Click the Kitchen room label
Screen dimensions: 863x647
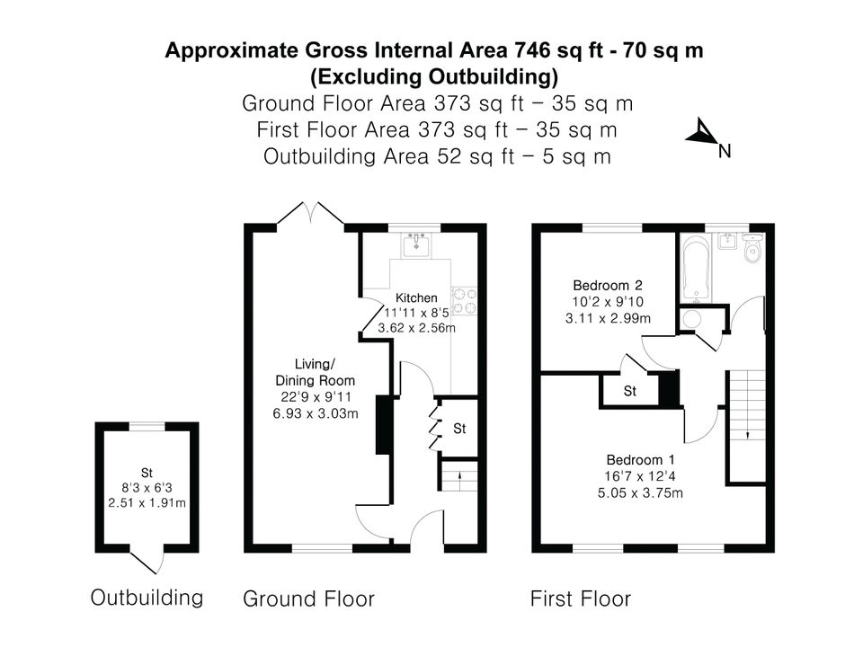(x=416, y=297)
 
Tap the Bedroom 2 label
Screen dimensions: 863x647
(x=608, y=285)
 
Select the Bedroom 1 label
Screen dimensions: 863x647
(x=641, y=459)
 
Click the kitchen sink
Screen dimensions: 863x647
(x=416, y=244)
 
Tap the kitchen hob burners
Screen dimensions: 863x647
(x=464, y=301)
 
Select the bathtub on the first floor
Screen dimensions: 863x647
(x=696, y=269)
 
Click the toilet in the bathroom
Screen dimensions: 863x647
(x=752, y=248)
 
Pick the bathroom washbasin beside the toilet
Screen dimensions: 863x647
(x=727, y=241)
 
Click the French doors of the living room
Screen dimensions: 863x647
(x=311, y=214)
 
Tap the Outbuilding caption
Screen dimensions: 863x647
(x=147, y=598)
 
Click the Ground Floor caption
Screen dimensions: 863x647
(x=308, y=598)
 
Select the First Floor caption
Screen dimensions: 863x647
(x=581, y=598)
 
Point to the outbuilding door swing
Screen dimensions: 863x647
(x=148, y=561)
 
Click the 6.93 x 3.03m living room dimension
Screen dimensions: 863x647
(x=316, y=413)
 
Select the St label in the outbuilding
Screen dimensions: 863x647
(x=147, y=473)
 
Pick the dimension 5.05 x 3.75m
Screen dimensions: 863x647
(x=641, y=492)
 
